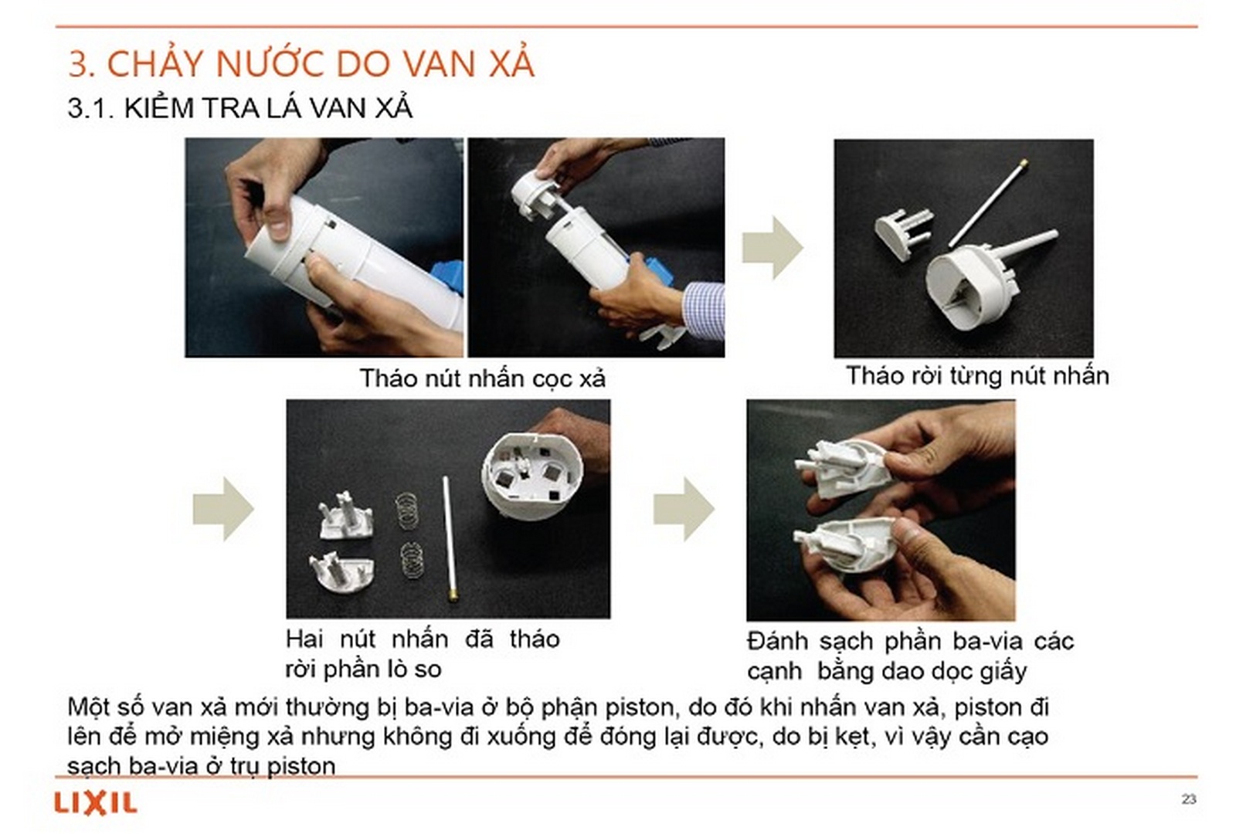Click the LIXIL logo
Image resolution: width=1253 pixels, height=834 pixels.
click(95, 803)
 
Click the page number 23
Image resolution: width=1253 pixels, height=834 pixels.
click(1188, 798)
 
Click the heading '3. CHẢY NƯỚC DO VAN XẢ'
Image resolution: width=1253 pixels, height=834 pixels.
click(301, 63)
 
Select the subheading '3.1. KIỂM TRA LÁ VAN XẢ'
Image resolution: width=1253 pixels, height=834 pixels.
click(239, 108)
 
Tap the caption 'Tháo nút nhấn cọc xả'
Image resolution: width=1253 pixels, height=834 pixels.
click(482, 378)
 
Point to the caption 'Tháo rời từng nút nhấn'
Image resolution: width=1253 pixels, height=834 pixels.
click(976, 376)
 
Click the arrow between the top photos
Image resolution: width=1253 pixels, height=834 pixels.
click(772, 247)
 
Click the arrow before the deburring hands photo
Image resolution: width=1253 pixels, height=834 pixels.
click(684, 508)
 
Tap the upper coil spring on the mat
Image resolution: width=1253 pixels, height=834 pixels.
click(408, 510)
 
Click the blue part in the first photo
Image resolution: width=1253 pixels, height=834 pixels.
click(446, 278)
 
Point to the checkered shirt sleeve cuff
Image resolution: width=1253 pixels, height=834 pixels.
click(704, 309)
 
